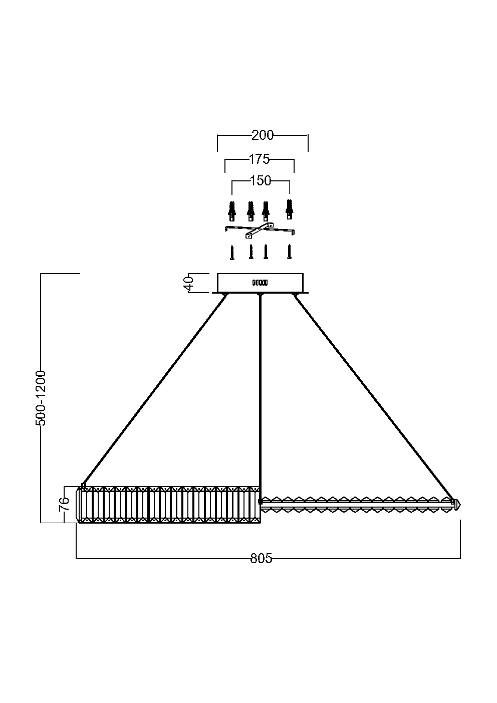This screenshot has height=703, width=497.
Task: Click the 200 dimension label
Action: (x=263, y=135)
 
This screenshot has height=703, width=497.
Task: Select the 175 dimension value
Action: (x=259, y=159)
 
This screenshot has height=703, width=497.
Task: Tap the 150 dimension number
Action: (x=261, y=181)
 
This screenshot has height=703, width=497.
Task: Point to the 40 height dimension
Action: (x=188, y=284)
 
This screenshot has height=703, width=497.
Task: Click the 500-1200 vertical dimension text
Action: (x=41, y=398)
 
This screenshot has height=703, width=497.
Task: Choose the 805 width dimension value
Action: (x=261, y=559)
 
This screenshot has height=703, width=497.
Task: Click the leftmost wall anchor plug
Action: (x=232, y=211)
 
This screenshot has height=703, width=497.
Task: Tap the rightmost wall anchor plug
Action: (x=289, y=209)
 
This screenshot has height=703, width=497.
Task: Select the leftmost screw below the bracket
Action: (x=232, y=253)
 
